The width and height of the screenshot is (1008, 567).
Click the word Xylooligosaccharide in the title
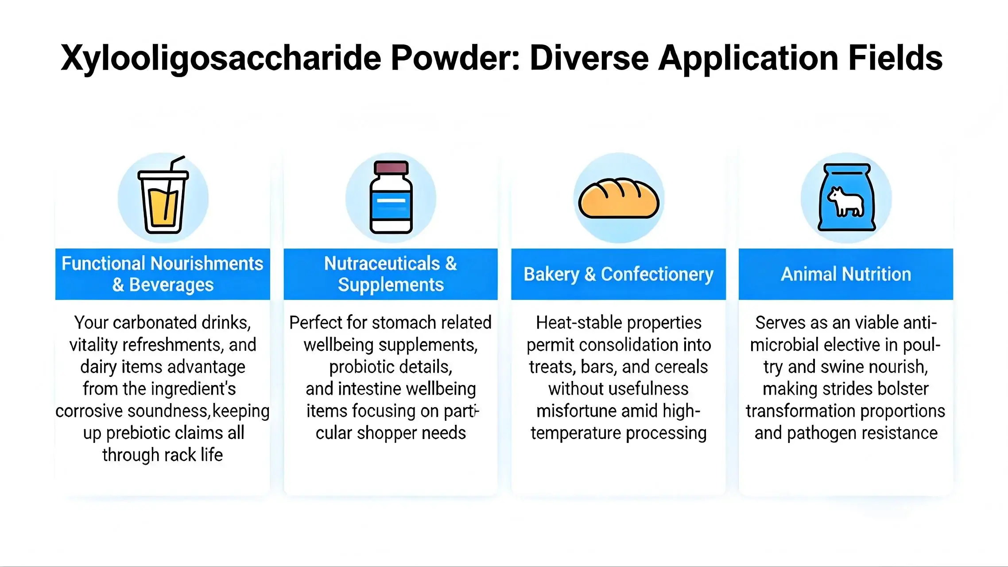[x=221, y=58]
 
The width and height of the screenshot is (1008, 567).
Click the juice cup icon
[x=163, y=199]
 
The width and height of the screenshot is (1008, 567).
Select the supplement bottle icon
[x=391, y=198]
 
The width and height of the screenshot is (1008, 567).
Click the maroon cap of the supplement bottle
[x=391, y=168]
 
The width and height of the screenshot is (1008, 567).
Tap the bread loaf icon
[x=619, y=198]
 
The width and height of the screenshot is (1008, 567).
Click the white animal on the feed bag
[x=846, y=202]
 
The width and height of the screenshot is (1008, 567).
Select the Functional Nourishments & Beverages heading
[x=163, y=274]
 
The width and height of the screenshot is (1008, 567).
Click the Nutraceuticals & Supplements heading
[x=391, y=274]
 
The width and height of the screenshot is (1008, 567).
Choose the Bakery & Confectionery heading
[x=618, y=274]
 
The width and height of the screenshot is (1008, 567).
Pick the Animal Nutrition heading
[x=846, y=274]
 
